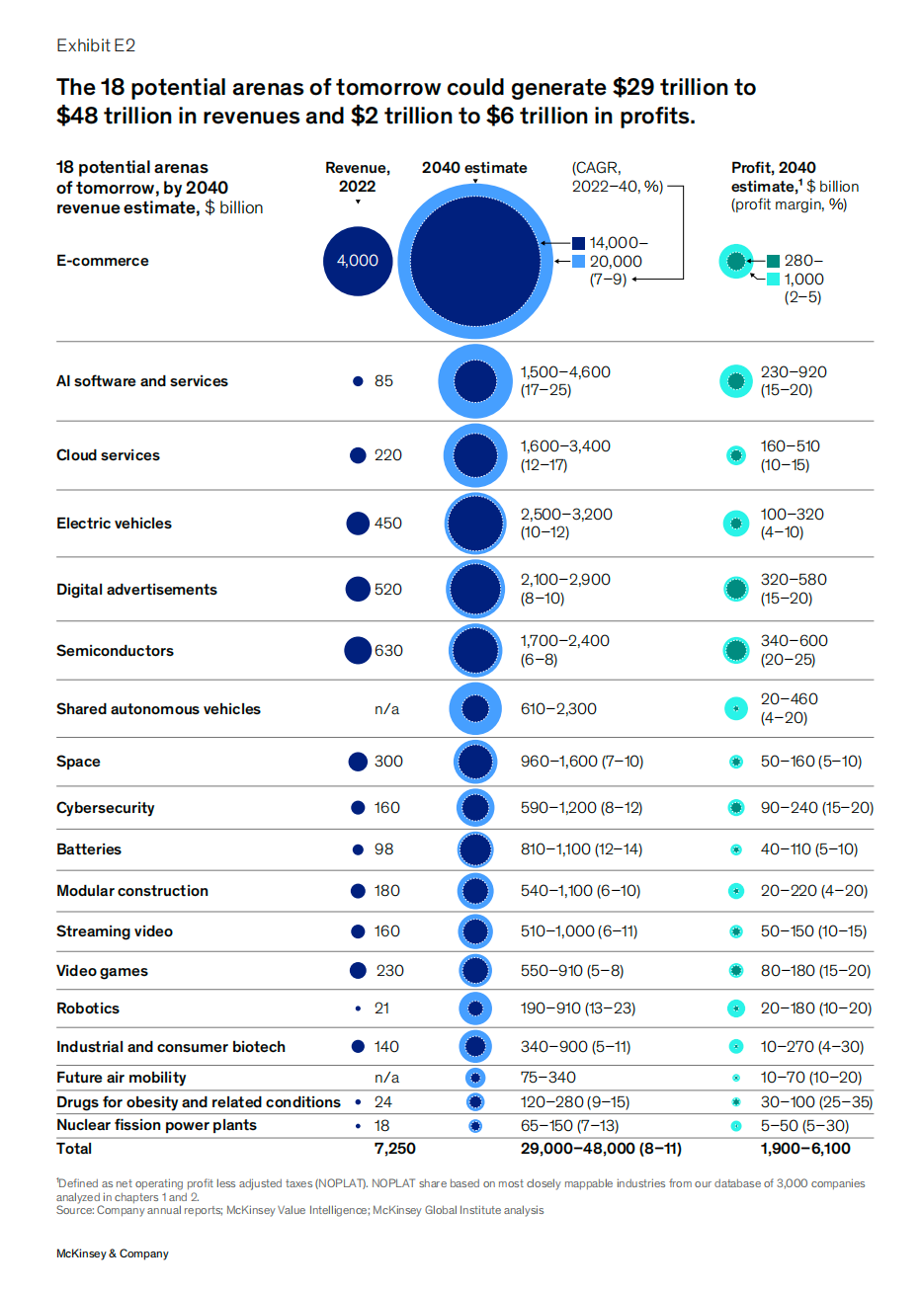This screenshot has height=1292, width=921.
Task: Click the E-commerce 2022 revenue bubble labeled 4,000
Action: [358, 261]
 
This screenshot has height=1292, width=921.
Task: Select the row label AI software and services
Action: [141, 381]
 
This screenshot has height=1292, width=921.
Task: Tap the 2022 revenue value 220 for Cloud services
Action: [388, 455]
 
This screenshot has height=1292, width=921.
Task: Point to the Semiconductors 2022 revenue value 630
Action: [388, 651]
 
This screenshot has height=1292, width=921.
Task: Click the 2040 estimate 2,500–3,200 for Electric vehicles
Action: [566, 515]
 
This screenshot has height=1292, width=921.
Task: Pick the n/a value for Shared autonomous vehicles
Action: [387, 709]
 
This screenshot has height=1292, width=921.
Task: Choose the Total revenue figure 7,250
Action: [394, 1148]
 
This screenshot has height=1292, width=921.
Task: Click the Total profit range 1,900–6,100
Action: [804, 1148]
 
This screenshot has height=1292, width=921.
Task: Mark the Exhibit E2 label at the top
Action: [96, 45]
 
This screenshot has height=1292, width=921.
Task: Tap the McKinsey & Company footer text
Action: [112, 1253]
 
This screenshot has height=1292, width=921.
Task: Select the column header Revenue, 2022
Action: [357, 177]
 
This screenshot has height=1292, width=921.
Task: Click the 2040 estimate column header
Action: [474, 168]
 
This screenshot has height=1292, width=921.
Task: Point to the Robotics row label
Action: [88, 1009]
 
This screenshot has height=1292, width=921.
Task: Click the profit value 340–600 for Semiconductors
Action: [794, 641]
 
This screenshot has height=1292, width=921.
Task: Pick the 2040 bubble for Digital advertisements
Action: [475, 590]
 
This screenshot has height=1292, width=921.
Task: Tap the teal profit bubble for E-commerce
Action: [735, 261]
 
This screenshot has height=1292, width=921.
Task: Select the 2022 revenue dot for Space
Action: [359, 762]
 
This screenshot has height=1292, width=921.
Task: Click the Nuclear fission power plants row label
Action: [156, 1125]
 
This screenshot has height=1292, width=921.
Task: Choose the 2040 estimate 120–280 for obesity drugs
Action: [575, 1102]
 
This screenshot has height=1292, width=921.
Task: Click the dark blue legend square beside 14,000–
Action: [578, 243]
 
